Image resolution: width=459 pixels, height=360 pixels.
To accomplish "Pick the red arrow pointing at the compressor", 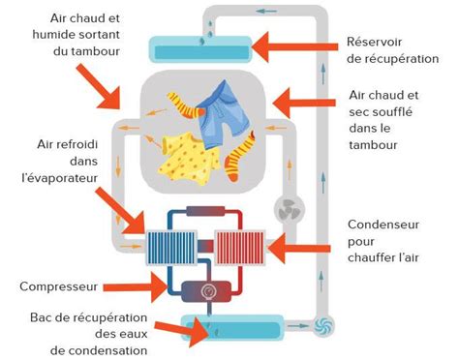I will (x=135, y=286).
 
